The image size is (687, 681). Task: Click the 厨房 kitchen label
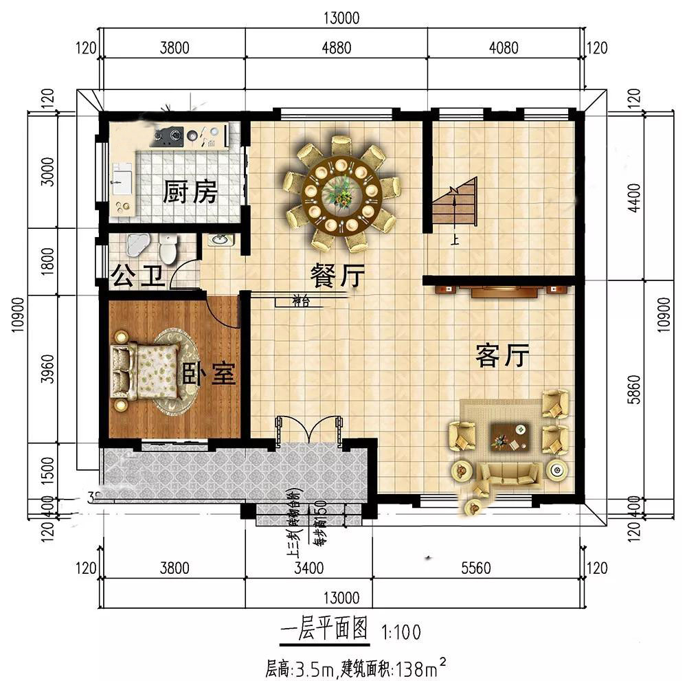[190, 193]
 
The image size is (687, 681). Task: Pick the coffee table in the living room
[509, 436]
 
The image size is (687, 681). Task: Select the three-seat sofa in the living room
[508, 473]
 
